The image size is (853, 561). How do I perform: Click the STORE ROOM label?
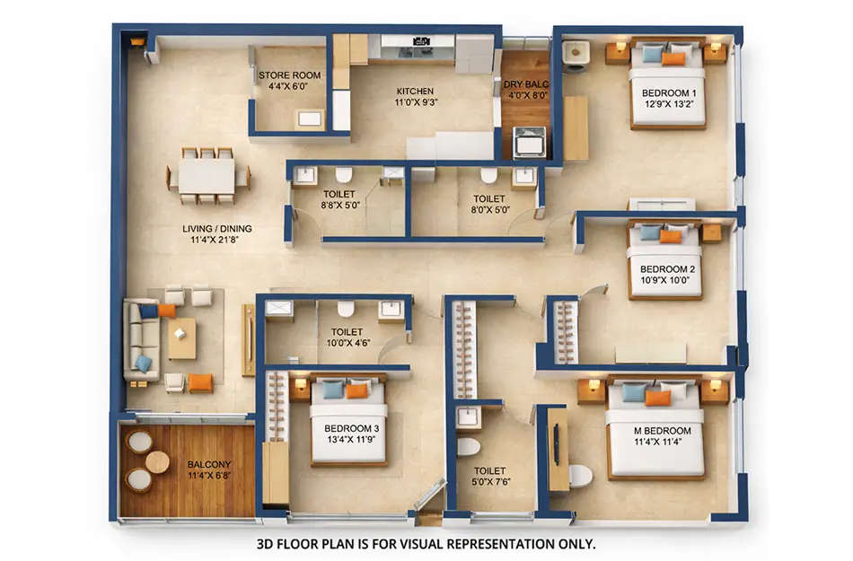(x=288, y=81)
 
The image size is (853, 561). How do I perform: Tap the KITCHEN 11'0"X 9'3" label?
(x=415, y=96)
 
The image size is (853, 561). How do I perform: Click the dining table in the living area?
(x=207, y=175)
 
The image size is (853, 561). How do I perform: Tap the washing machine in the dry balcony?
(x=528, y=142)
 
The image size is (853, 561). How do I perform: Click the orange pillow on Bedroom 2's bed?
(x=671, y=236)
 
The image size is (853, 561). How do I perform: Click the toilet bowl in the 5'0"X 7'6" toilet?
(x=469, y=446)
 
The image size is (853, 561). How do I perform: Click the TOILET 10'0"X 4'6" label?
(x=347, y=337)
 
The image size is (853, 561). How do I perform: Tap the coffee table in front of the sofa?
(x=181, y=337)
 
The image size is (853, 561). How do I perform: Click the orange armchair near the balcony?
(x=200, y=383)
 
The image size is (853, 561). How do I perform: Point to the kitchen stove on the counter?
(x=418, y=40)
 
